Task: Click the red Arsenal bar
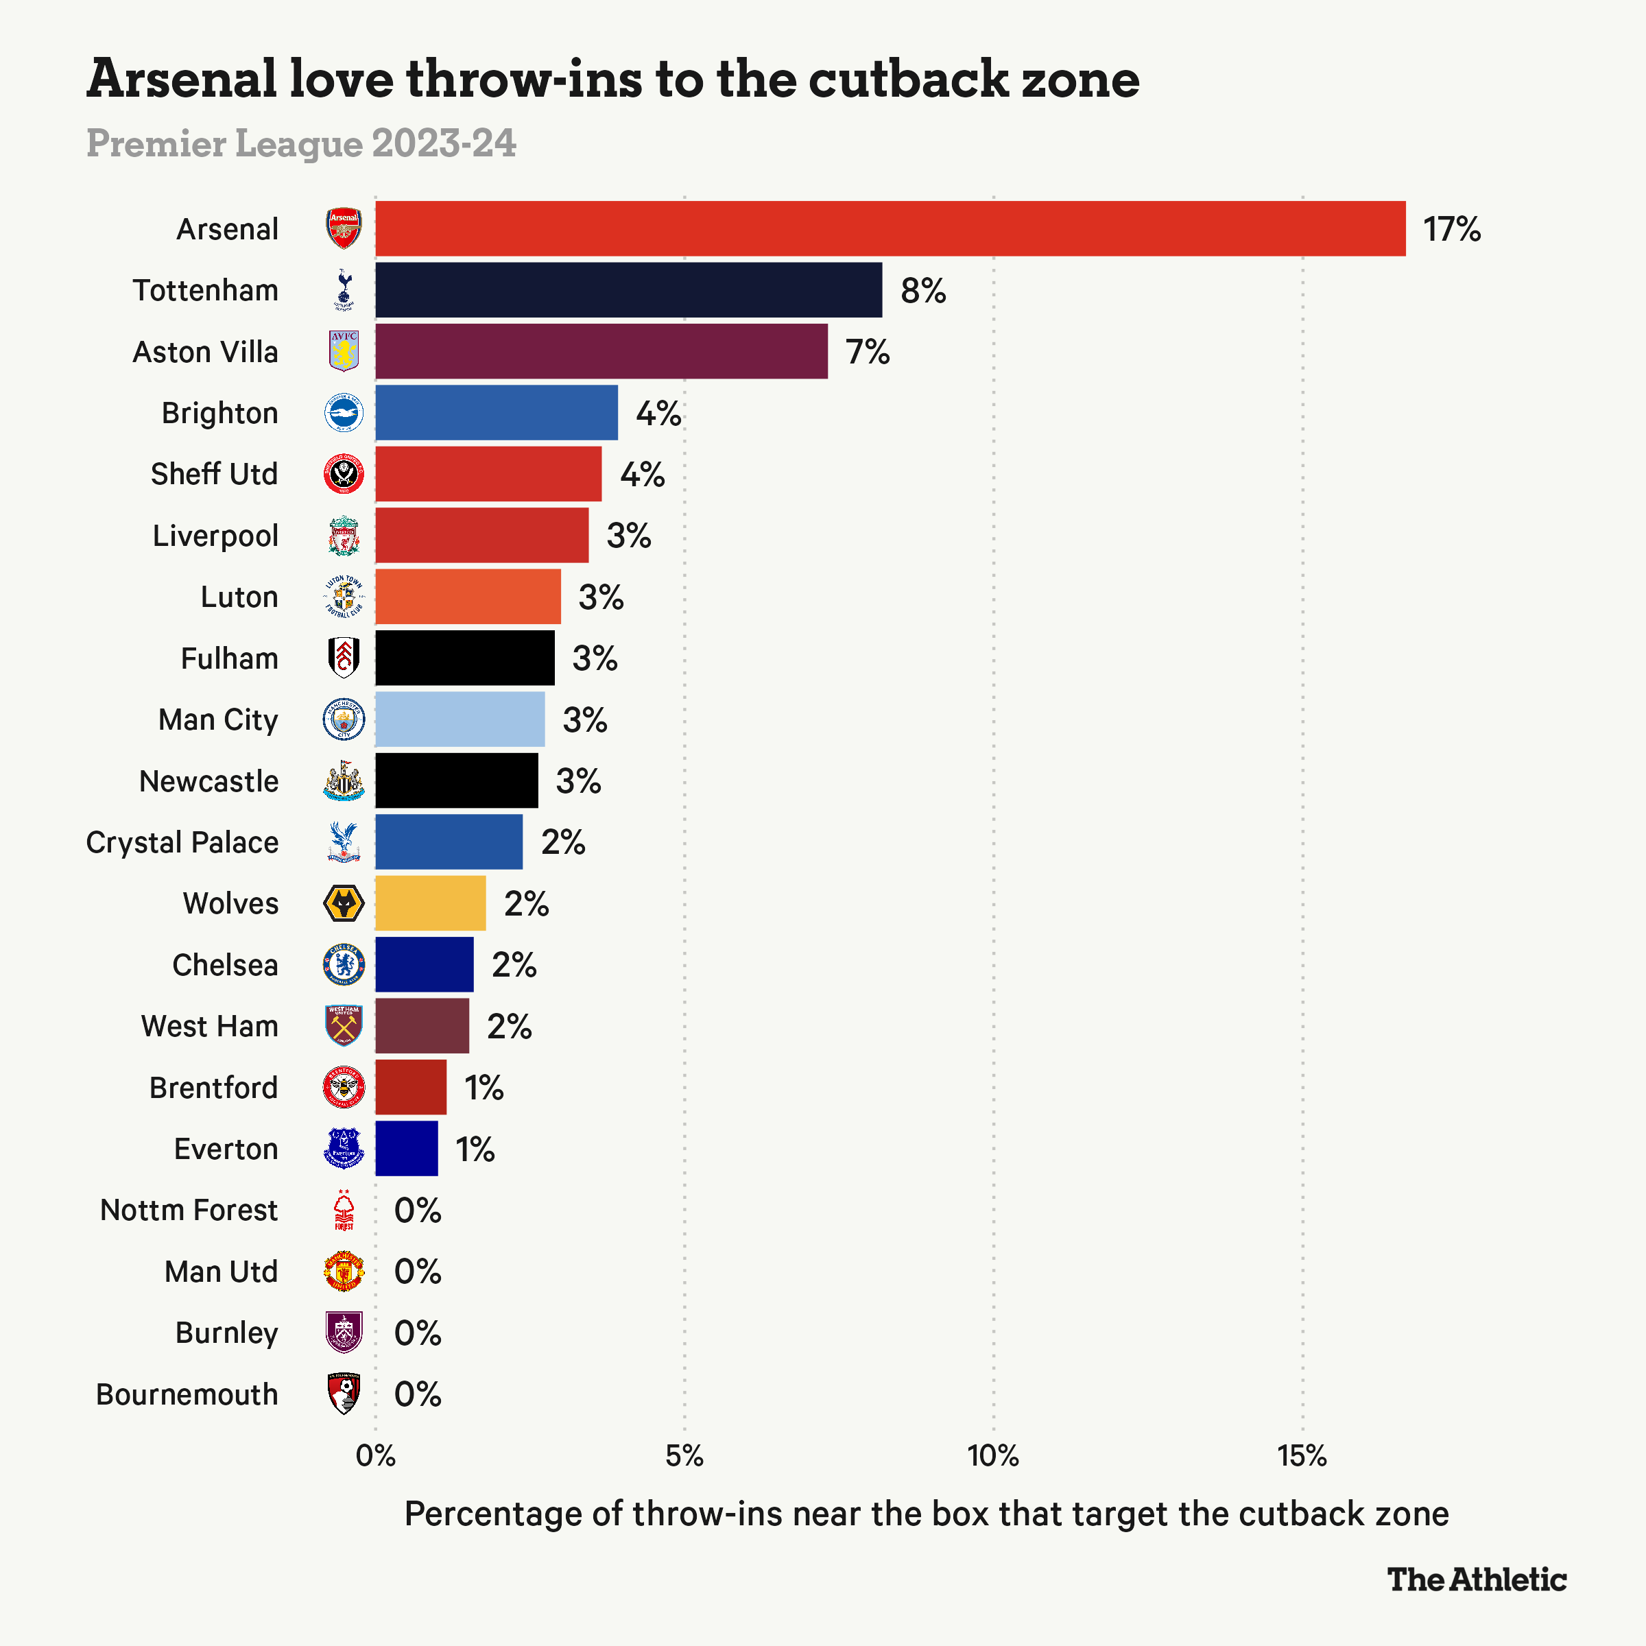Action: pyautogui.click(x=890, y=228)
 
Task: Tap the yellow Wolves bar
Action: pyautogui.click(x=430, y=903)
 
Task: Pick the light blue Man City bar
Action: pyautogui.click(x=460, y=719)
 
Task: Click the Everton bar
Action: pyautogui.click(x=407, y=1149)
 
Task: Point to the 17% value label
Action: pyautogui.click(x=1451, y=229)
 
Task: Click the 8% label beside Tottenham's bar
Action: pyautogui.click(x=922, y=291)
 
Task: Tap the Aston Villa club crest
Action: pyautogui.click(x=344, y=351)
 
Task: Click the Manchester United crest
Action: pyautogui.click(x=344, y=1271)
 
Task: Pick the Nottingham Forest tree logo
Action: pyautogui.click(x=344, y=1210)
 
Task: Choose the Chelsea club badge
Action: pyautogui.click(x=344, y=964)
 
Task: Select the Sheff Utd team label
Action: pyautogui.click(x=214, y=474)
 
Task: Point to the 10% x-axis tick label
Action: pyautogui.click(x=992, y=1456)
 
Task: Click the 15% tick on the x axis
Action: pyautogui.click(x=1302, y=1456)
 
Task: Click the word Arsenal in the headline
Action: pyautogui.click(x=182, y=80)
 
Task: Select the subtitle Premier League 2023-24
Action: pyautogui.click(x=301, y=143)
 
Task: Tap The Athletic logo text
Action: pyautogui.click(x=1477, y=1579)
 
